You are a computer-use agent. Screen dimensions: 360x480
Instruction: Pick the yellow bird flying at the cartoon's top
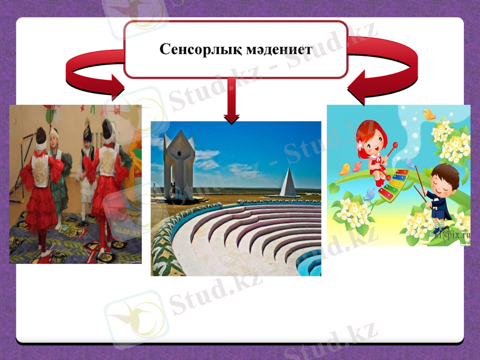(x=430, y=114)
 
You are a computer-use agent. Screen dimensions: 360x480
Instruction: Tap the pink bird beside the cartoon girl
(x=358, y=166)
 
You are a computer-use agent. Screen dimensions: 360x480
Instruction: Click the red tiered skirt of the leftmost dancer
(x=37, y=207)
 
